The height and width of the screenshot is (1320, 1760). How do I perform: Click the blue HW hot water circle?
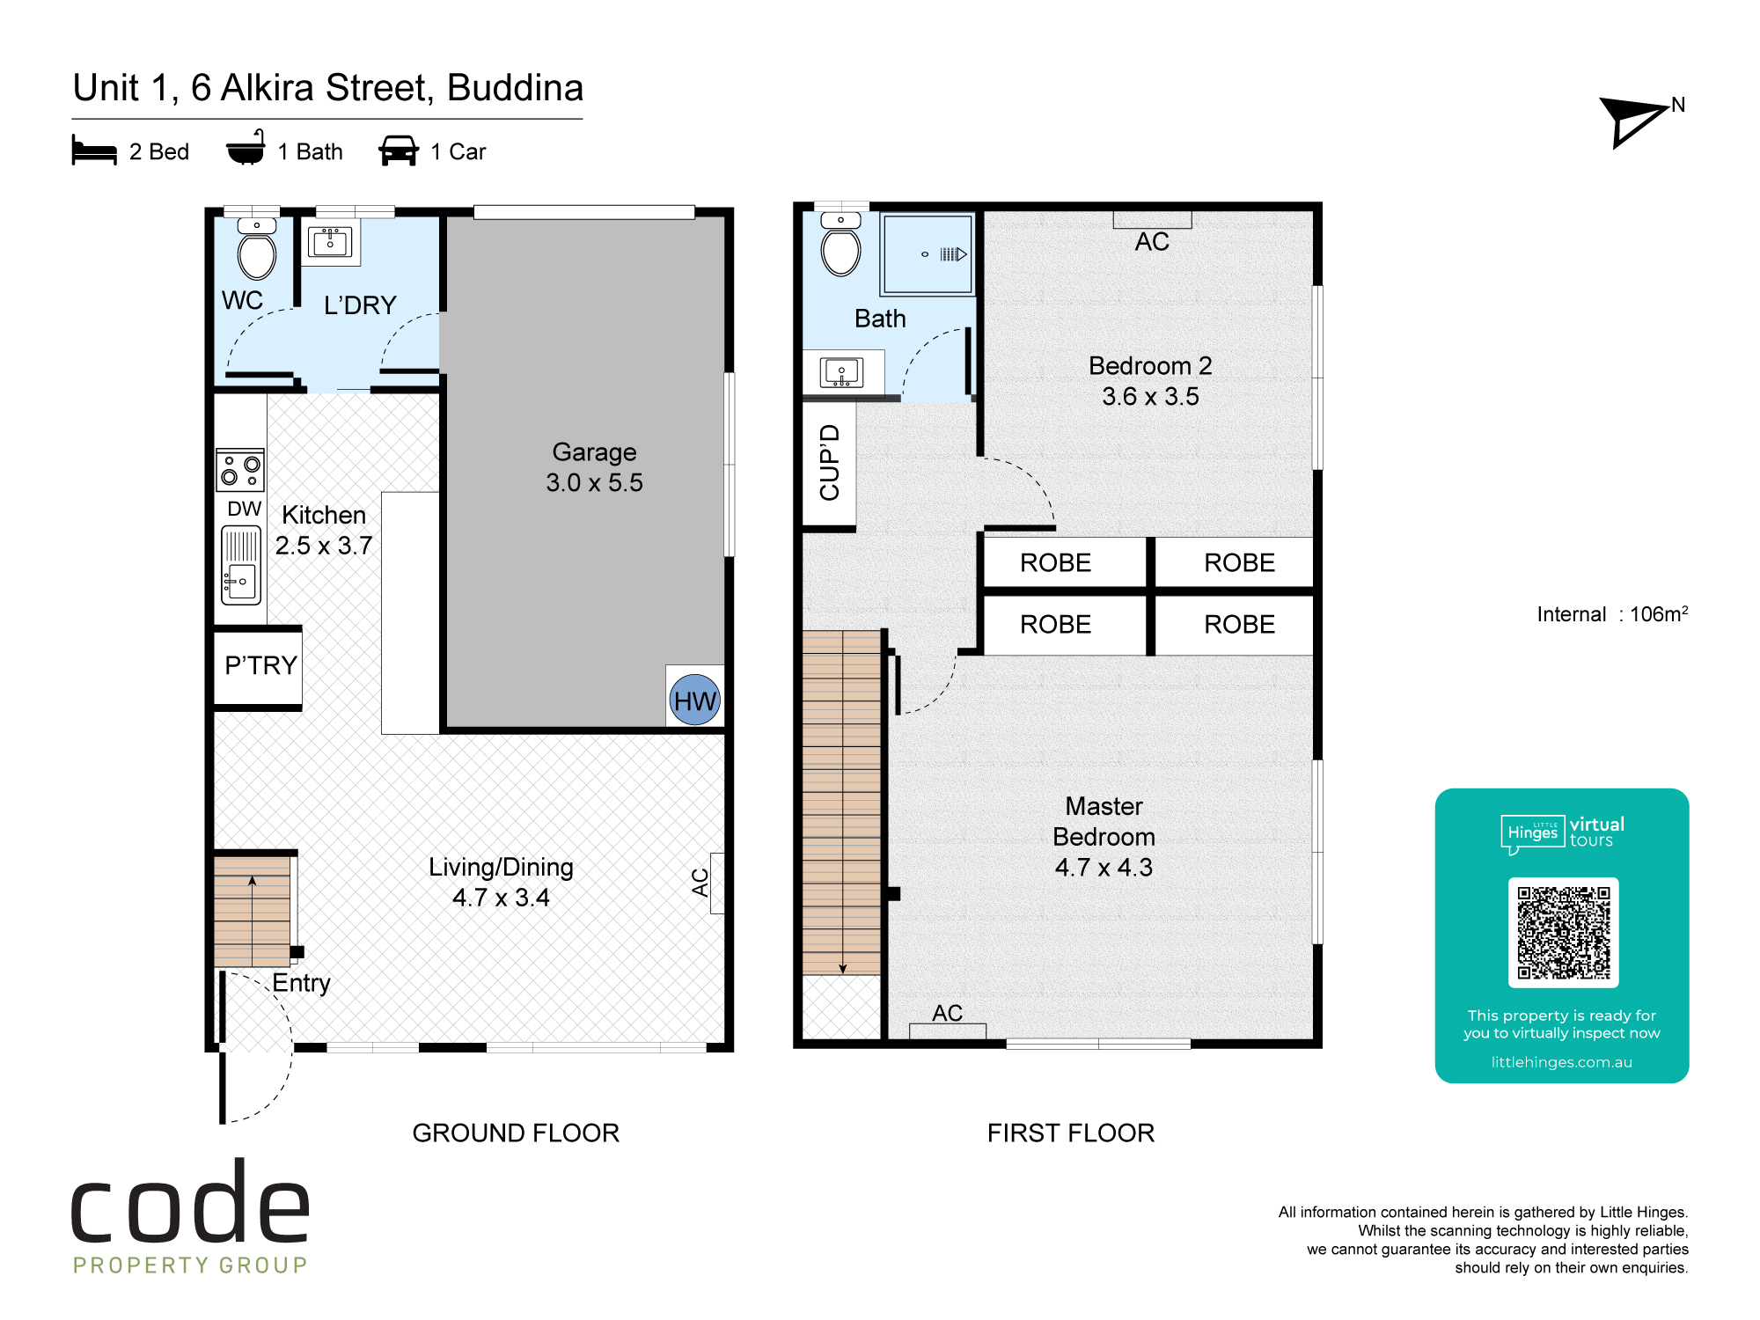[x=695, y=700]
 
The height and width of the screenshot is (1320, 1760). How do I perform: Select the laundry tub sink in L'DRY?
[x=330, y=242]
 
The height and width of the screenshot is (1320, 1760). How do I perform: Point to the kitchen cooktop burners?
[x=240, y=470]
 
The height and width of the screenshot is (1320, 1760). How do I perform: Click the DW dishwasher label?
[x=244, y=509]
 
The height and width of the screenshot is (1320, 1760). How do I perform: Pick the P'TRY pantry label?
[x=261, y=665]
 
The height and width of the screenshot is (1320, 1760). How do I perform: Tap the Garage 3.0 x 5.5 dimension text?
[x=594, y=482]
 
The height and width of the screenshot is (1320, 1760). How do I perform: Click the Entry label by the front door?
[x=301, y=983]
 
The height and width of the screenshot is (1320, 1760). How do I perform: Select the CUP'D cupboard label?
[x=830, y=462]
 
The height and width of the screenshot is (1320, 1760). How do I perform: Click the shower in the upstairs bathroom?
[x=928, y=254]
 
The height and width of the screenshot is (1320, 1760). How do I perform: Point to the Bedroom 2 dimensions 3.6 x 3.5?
[x=1150, y=396]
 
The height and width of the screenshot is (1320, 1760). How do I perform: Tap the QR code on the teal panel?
[x=1563, y=933]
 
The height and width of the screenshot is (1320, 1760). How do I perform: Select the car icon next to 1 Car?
[x=399, y=150]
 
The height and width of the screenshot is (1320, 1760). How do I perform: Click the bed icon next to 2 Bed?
[x=94, y=150]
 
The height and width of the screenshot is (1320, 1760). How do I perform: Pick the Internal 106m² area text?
[x=1612, y=613]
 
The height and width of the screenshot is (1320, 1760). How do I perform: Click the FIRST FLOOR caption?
[x=1070, y=1133]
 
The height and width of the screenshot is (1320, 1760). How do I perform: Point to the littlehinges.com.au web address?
[x=1562, y=1062]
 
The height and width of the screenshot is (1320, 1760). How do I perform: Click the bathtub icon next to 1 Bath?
[x=246, y=148]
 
